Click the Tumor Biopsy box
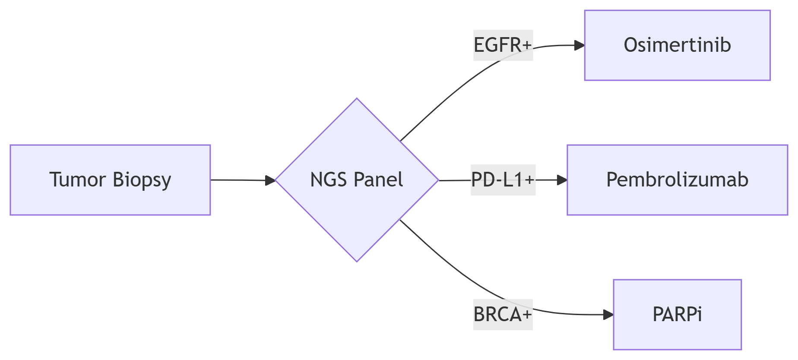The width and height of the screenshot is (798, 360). (x=110, y=180)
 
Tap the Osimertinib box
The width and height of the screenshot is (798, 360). (x=677, y=45)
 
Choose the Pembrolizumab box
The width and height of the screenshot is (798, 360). (x=677, y=180)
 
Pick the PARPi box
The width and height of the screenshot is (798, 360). (x=677, y=314)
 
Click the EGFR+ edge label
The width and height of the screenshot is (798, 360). (x=503, y=45)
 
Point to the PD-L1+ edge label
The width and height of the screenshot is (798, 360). (x=503, y=180)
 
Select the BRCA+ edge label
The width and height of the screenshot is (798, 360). (x=503, y=315)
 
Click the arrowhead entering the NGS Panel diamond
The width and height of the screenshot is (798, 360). (x=270, y=180)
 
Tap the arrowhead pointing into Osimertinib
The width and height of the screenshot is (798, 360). (x=579, y=45)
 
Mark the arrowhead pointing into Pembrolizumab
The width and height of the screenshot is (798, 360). (x=562, y=180)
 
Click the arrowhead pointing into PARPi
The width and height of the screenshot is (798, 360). (x=608, y=315)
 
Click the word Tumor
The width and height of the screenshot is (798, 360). (x=78, y=180)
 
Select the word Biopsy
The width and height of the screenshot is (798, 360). (x=142, y=180)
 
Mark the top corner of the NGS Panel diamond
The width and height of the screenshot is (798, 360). (x=357, y=99)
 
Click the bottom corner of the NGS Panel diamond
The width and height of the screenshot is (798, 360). (x=357, y=261)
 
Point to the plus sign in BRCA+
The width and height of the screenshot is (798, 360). (x=526, y=315)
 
